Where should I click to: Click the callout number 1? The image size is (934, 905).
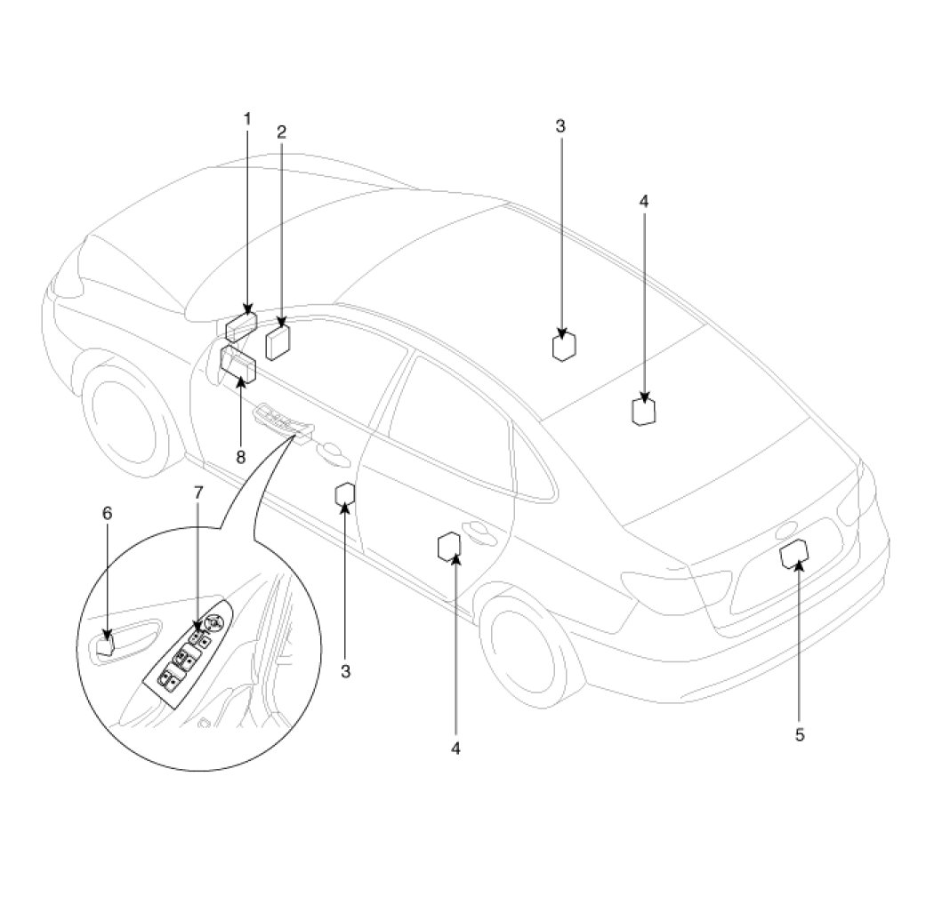click(x=247, y=118)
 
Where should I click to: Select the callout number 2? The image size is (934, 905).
click(x=281, y=132)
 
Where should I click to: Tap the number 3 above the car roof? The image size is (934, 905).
click(x=560, y=126)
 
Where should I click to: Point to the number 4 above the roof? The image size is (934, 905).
click(x=644, y=201)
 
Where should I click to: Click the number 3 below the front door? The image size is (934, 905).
click(x=346, y=670)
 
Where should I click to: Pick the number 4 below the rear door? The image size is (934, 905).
click(x=455, y=749)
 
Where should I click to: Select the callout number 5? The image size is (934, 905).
click(x=799, y=734)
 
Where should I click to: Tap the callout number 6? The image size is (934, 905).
click(x=108, y=513)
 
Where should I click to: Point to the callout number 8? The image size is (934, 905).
click(x=239, y=457)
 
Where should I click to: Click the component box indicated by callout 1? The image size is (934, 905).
click(x=241, y=327)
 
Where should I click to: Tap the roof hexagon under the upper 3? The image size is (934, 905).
click(x=563, y=346)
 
